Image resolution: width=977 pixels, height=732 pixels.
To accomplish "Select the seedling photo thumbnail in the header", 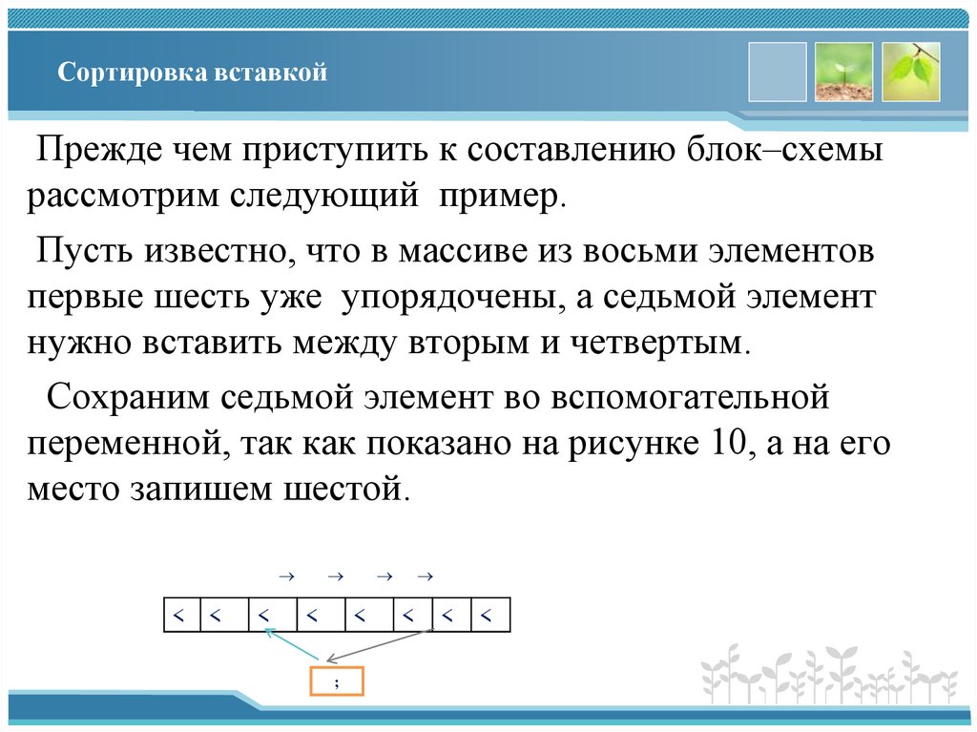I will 844,72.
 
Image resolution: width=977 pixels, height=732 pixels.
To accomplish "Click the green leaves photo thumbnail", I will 911,72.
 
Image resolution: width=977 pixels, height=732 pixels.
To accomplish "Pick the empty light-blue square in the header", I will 778,72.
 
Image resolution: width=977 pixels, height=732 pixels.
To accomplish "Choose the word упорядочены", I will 445,297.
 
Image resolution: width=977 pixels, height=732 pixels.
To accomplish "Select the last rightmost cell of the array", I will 488,616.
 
